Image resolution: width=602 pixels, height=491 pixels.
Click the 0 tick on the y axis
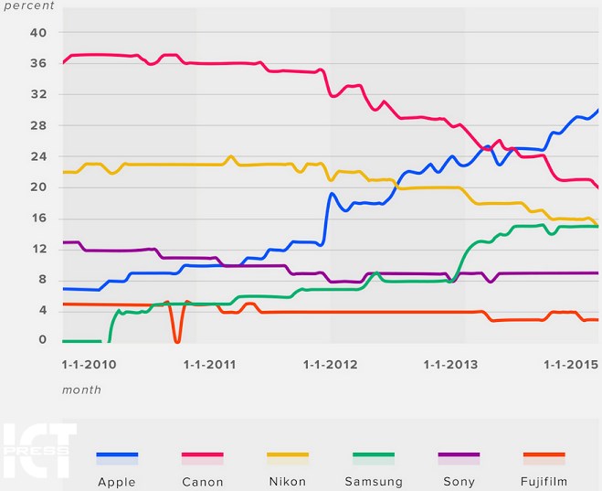pos(42,340)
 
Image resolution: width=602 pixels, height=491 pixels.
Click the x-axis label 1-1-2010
pos(89,365)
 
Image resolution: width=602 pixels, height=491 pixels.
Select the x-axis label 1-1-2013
pos(450,365)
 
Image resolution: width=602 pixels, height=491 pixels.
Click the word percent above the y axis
pos(28,5)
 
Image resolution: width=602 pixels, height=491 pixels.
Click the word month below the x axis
pos(81,390)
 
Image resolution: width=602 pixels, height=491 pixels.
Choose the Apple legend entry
pos(117,482)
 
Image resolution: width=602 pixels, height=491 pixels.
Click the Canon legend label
pos(203,482)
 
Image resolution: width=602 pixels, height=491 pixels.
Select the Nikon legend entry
pos(288,482)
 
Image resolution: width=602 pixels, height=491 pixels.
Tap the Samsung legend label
pos(373,482)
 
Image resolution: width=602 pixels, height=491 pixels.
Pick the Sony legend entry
pos(459,482)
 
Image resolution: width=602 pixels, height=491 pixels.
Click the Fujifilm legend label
pos(544,482)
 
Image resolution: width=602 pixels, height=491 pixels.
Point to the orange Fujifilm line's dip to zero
pos(177,340)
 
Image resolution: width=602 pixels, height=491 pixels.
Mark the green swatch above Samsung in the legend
pos(373,455)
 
